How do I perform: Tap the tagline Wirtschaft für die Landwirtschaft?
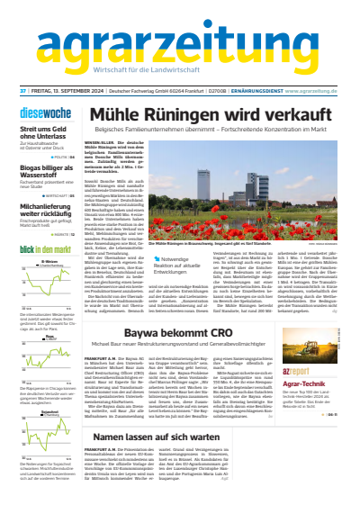pos(179,71)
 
